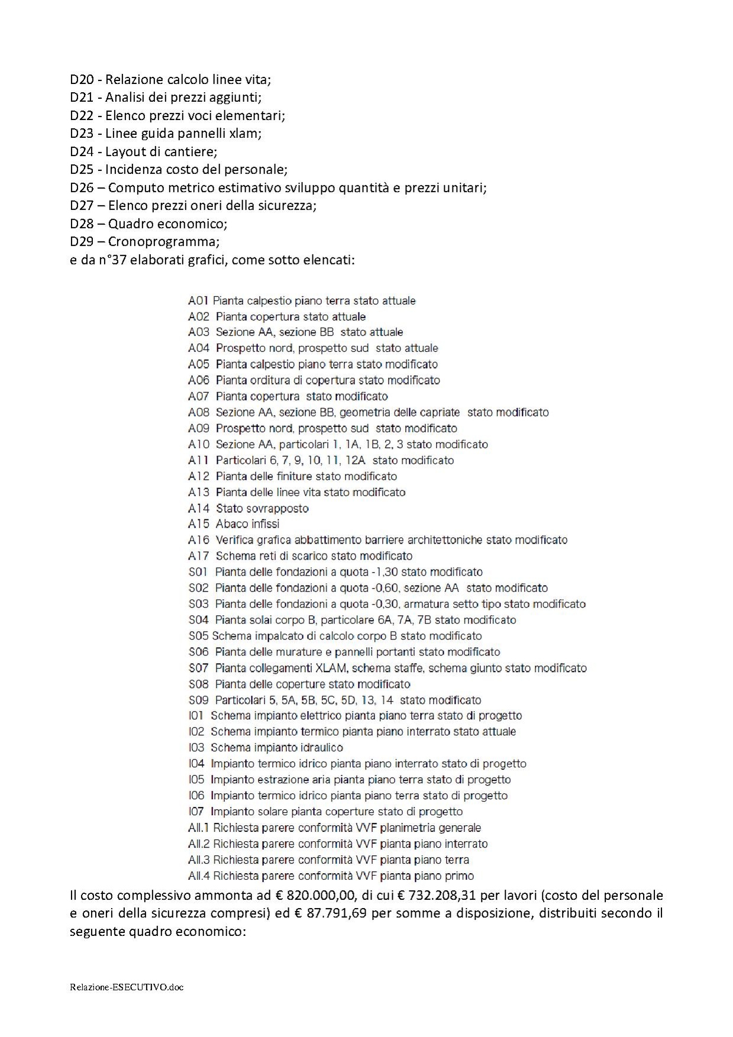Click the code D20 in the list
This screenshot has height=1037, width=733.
point(82,79)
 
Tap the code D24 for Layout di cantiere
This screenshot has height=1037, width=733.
point(82,151)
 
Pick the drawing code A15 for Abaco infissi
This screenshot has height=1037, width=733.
point(199,524)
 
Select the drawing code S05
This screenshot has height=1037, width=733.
point(198,636)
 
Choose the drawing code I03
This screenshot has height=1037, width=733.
point(196,748)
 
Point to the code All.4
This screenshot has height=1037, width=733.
point(199,876)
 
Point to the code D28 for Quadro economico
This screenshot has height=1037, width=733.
point(82,224)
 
